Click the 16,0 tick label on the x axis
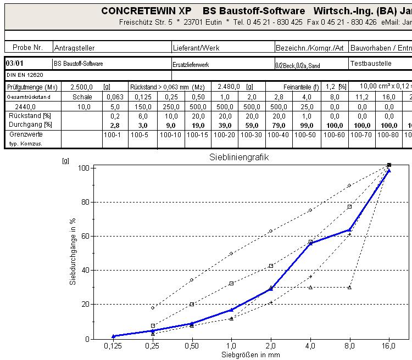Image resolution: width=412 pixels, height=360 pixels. pos(388,347)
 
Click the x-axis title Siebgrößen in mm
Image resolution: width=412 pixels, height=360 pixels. pos(250,355)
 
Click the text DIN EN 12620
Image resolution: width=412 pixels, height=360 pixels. pos(25,75)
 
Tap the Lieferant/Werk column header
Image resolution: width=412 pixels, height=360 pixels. pos(196,48)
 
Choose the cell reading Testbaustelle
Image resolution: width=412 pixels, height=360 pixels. pos(371,64)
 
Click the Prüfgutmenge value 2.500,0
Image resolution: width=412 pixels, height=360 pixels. pos(82,87)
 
